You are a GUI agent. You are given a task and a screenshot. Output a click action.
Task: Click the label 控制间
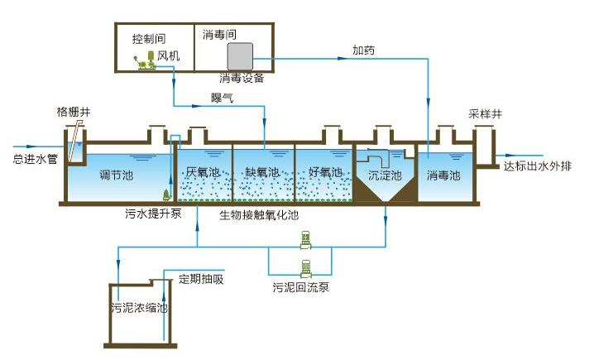150,39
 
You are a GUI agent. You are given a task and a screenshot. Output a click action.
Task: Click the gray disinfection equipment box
240,56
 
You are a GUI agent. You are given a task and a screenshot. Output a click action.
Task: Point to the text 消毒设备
242,78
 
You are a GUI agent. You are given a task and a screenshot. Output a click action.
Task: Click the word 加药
363,50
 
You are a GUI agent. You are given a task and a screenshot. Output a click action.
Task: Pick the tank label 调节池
116,175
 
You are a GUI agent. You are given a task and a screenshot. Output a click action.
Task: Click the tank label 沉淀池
385,175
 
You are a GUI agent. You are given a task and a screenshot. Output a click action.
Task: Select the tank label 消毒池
443,175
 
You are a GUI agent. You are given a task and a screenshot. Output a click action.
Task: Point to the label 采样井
485,113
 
